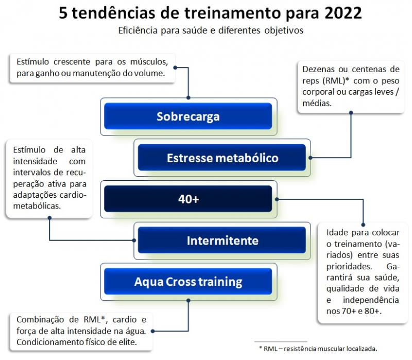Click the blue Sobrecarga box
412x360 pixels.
188,116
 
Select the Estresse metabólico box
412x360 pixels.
222,158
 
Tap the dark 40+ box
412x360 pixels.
188,199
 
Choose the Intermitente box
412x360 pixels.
222,240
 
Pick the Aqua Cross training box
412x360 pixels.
188,281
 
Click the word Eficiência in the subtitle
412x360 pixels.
138,30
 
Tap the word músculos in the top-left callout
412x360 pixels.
149,62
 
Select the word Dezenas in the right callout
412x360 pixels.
318,70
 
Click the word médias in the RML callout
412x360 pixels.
317,104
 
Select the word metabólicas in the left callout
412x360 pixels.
37,206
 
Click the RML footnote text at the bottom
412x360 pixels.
318,349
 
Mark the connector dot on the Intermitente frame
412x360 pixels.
134,240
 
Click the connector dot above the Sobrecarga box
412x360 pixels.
188,98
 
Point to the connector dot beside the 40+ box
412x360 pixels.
277,199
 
